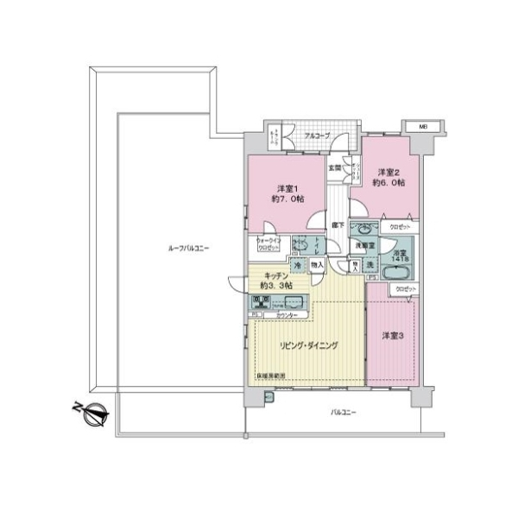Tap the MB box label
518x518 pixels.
[423, 127]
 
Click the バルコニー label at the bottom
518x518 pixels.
[343, 413]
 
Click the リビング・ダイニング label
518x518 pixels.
[308, 344]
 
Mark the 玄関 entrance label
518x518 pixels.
[334, 167]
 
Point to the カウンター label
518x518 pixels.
[287, 316]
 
